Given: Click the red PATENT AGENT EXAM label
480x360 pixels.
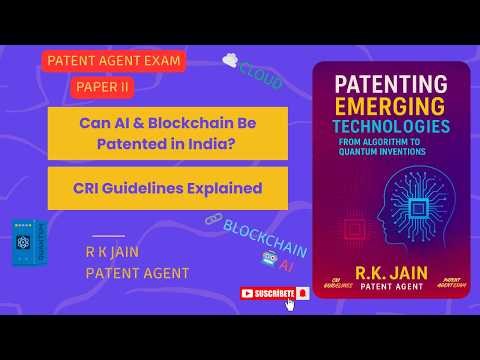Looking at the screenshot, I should click(113, 61).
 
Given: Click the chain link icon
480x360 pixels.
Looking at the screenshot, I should click(212, 219).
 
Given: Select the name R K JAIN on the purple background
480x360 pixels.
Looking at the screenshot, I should click(109, 253).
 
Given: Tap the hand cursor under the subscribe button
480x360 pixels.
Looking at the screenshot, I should click(291, 303).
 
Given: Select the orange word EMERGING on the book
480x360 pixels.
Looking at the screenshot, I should click(391, 108).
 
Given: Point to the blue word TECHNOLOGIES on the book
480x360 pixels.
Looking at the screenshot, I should click(391, 130).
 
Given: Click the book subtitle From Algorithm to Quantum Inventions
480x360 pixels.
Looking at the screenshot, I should click(391, 147).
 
